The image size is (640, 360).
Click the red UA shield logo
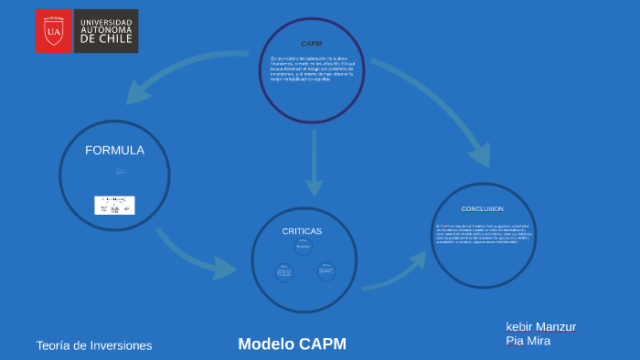click(54, 31)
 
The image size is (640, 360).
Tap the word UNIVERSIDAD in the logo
click(106, 22)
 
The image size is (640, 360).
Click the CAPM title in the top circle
click(311, 44)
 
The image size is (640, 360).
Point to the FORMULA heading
click(114, 151)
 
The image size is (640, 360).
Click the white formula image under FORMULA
click(114, 206)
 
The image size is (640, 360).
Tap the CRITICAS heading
click(302, 231)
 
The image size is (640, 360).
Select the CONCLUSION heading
click(482, 209)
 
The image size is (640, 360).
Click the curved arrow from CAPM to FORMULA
click(183, 78)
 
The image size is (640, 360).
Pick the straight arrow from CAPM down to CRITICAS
click(314, 164)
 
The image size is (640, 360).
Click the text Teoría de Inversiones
click(94, 345)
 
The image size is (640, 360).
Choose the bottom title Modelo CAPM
click(292, 344)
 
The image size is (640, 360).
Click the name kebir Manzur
click(540, 327)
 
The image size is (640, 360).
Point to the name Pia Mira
click(528, 342)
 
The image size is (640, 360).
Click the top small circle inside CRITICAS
click(303, 247)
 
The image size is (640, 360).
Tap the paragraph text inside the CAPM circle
click(311, 69)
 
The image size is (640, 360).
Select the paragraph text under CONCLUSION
click(483, 234)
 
